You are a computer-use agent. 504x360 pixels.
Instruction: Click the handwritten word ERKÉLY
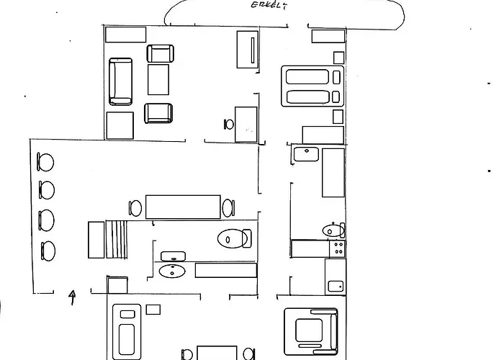[x=269, y=6]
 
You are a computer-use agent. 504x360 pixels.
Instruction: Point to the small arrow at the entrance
[x=73, y=297]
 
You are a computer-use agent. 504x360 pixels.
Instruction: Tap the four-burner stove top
[x=338, y=248]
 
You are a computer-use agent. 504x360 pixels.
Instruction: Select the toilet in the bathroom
[x=235, y=238]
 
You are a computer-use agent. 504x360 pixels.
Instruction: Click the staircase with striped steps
[x=117, y=239]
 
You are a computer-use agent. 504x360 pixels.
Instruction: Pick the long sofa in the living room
[x=120, y=81]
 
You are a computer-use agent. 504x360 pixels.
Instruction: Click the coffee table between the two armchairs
[x=158, y=79]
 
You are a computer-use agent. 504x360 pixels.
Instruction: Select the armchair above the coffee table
[x=161, y=53]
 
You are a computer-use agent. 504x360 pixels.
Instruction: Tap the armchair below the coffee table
[x=158, y=113]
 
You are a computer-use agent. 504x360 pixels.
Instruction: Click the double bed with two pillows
[x=312, y=86]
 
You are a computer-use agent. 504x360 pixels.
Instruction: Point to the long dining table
[x=183, y=207]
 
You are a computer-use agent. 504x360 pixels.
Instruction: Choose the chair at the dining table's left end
[x=135, y=208]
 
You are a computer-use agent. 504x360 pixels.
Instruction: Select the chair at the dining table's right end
[x=228, y=208]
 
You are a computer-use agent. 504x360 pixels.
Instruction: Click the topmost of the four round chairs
[x=45, y=162]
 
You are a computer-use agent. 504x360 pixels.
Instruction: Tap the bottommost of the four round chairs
[x=48, y=251]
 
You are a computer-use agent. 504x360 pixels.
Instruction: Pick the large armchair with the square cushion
[x=311, y=331]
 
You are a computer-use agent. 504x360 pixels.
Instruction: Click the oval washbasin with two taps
[x=172, y=271]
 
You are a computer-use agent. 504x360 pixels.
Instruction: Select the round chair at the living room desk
[x=229, y=125]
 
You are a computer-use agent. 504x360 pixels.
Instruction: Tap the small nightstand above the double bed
[x=338, y=58]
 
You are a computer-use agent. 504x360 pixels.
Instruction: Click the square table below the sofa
[x=120, y=126]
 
